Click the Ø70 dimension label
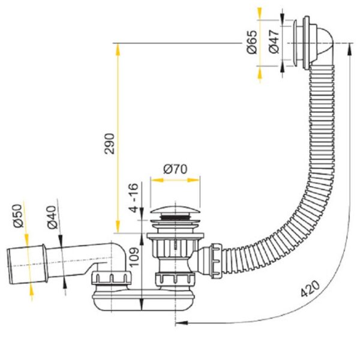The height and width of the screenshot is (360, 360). click(175, 169)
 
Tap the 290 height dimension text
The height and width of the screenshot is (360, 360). click(109, 143)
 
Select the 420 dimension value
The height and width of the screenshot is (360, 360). click(310, 289)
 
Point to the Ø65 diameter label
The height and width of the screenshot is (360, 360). click(252, 42)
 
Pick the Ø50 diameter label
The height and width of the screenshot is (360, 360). click(19, 216)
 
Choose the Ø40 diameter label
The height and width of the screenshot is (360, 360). click(52, 217)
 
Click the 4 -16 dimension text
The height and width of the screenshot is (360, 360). click(134, 198)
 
